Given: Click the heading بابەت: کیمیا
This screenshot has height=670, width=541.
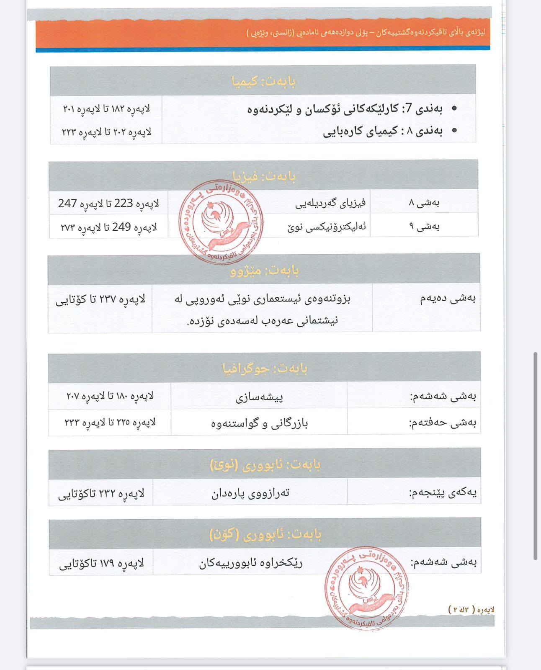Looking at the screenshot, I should tap(264, 81).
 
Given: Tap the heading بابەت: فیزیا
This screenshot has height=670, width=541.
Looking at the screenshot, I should tap(264, 176).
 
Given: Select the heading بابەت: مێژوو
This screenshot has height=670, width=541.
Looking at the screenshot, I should tap(264, 271).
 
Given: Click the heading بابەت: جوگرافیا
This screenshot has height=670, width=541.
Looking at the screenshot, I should tap(265, 368).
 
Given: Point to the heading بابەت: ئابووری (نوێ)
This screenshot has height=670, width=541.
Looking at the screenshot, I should tap(265, 464).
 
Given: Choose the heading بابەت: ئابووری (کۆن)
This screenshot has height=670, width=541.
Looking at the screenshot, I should tap(265, 534).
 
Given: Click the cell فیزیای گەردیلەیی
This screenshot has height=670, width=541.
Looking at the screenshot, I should tap(330, 203).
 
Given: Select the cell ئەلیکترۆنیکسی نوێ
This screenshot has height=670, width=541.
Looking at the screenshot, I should tap(327, 227).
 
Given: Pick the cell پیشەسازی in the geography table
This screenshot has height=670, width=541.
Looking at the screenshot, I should tap(259, 396).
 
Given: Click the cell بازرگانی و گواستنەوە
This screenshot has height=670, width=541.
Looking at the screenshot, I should tap(259, 423).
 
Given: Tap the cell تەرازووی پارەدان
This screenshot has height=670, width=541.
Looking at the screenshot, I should tap(250, 493).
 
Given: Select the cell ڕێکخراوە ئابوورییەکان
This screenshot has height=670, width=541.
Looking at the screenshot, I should tap(250, 563).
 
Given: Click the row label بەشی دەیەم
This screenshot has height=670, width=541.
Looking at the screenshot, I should tap(448, 299).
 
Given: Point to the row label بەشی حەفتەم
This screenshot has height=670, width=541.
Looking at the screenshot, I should tap(443, 423).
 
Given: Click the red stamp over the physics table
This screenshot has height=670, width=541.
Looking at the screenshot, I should tap(221, 222).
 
